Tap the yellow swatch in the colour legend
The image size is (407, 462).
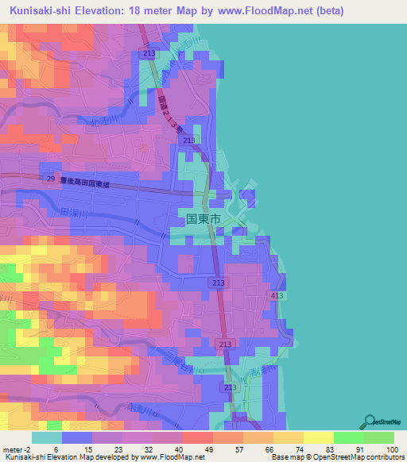click(318, 437)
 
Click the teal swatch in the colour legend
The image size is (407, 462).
click(47, 437)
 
